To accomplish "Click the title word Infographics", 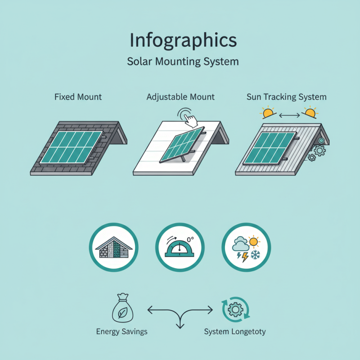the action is tap(183, 40).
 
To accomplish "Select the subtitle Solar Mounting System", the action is tap(183, 61).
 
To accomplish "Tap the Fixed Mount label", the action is tap(78, 97).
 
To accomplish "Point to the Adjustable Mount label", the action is tap(180, 97).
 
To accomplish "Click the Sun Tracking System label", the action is tap(287, 97).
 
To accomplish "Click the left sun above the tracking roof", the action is tap(269, 112).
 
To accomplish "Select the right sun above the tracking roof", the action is tap(310, 112).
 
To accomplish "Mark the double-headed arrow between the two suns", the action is tap(289, 116).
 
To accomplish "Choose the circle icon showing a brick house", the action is tap(114, 247).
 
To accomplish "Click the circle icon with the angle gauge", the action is tap(180, 247).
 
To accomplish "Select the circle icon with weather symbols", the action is tap(246, 247).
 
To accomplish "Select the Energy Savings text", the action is tap(122, 332).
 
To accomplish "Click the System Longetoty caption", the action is tap(234, 332).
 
